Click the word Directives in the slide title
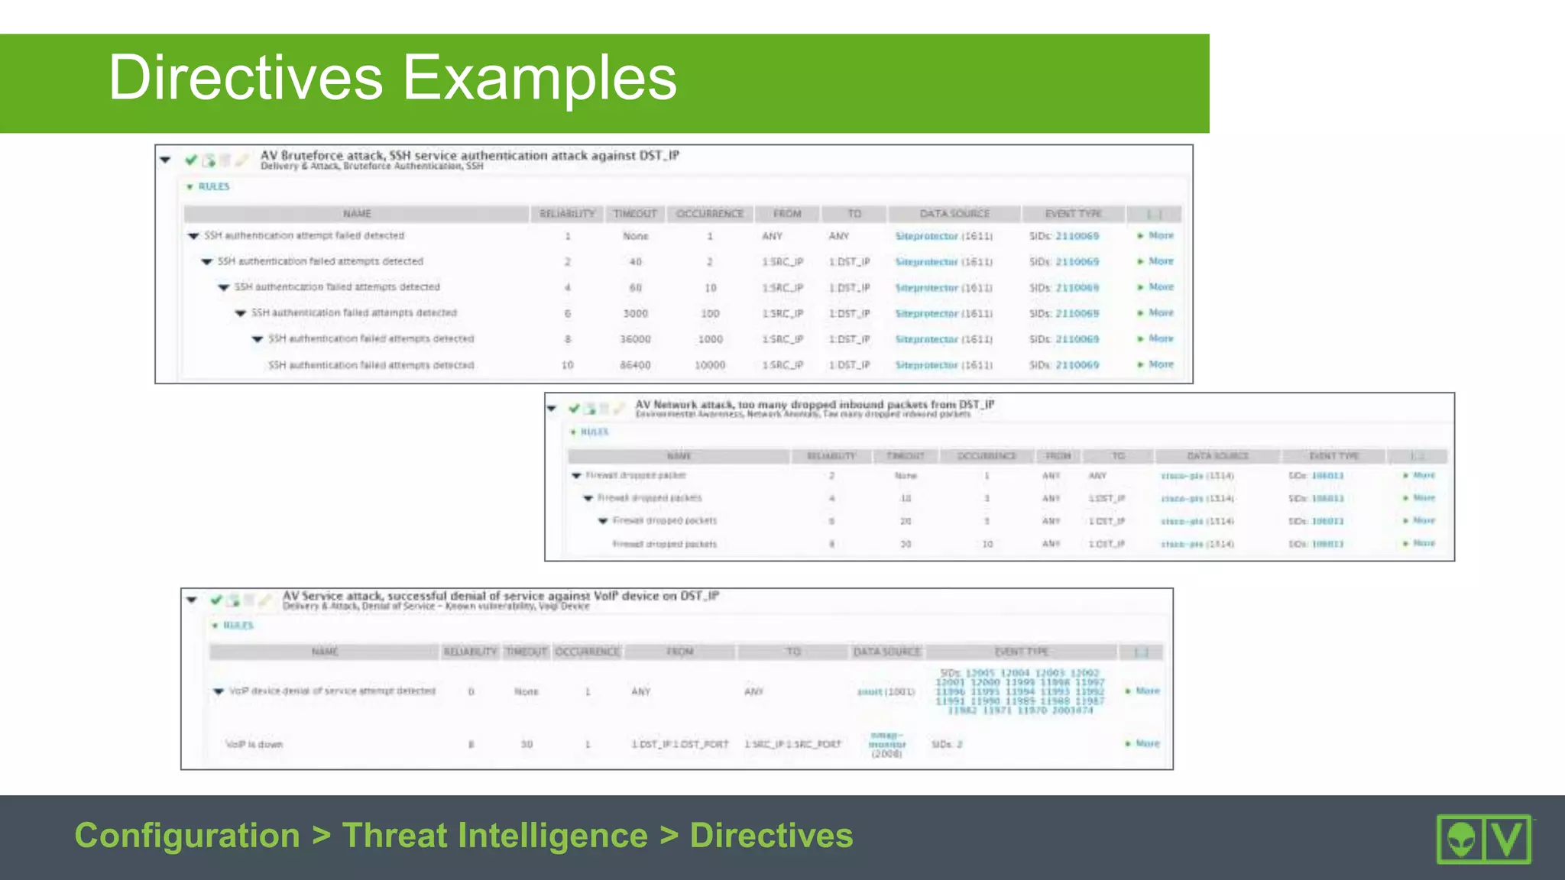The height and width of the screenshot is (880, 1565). coord(245,78)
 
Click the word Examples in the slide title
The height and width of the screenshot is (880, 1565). coord(539,78)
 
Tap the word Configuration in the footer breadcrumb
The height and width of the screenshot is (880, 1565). coord(187,835)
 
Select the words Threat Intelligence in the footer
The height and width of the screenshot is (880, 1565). coord(495,835)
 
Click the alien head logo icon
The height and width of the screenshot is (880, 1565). coord(1461,840)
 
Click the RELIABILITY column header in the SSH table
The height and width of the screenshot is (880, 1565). coord(567,214)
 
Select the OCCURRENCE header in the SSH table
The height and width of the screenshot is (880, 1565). coord(709,214)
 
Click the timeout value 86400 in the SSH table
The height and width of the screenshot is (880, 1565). coord(635,365)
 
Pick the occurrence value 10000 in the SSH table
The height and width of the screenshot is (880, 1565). coord(709,365)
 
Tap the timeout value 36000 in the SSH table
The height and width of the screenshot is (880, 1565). coord(635,339)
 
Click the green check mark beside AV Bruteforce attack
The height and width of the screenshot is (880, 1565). coord(191,160)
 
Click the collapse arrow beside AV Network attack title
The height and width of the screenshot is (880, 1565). coord(552,409)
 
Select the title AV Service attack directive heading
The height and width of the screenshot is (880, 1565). coord(501,596)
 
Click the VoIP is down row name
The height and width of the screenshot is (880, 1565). coord(254,744)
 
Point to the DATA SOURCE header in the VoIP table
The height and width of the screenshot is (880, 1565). coord(886,652)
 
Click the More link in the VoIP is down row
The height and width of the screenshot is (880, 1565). coord(1147,743)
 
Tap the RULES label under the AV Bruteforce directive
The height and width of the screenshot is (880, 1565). coord(213,186)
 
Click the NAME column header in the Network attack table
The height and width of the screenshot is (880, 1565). coord(679,456)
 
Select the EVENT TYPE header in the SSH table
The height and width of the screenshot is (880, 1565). coord(1073,214)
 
